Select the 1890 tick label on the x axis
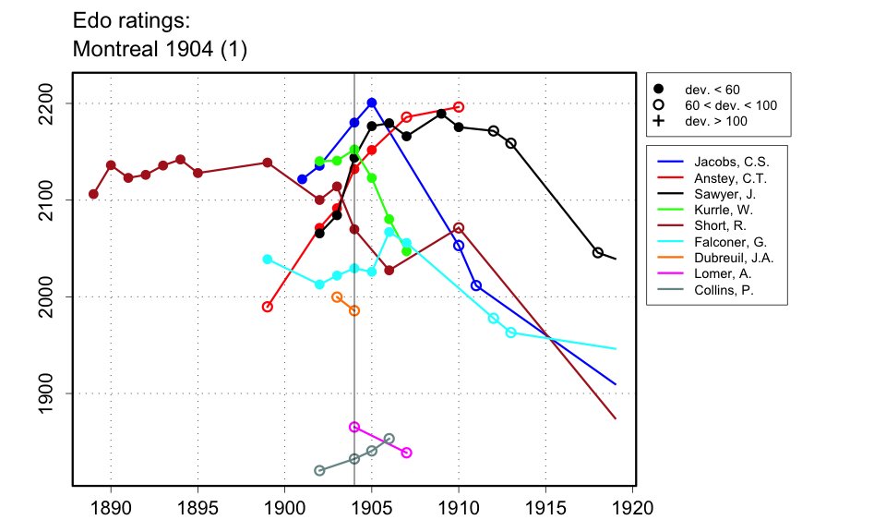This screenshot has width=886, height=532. point(111,507)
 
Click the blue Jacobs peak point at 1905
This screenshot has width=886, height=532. point(372,103)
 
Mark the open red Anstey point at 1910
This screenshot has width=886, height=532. point(459,107)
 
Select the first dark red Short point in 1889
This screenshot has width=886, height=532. point(93,194)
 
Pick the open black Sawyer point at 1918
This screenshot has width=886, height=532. point(598,252)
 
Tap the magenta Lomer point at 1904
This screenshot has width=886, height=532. point(354,427)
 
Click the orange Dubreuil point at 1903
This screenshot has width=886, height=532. point(337,297)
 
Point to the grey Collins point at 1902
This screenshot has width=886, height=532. point(319,470)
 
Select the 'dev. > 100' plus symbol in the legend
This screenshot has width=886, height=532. point(658,121)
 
